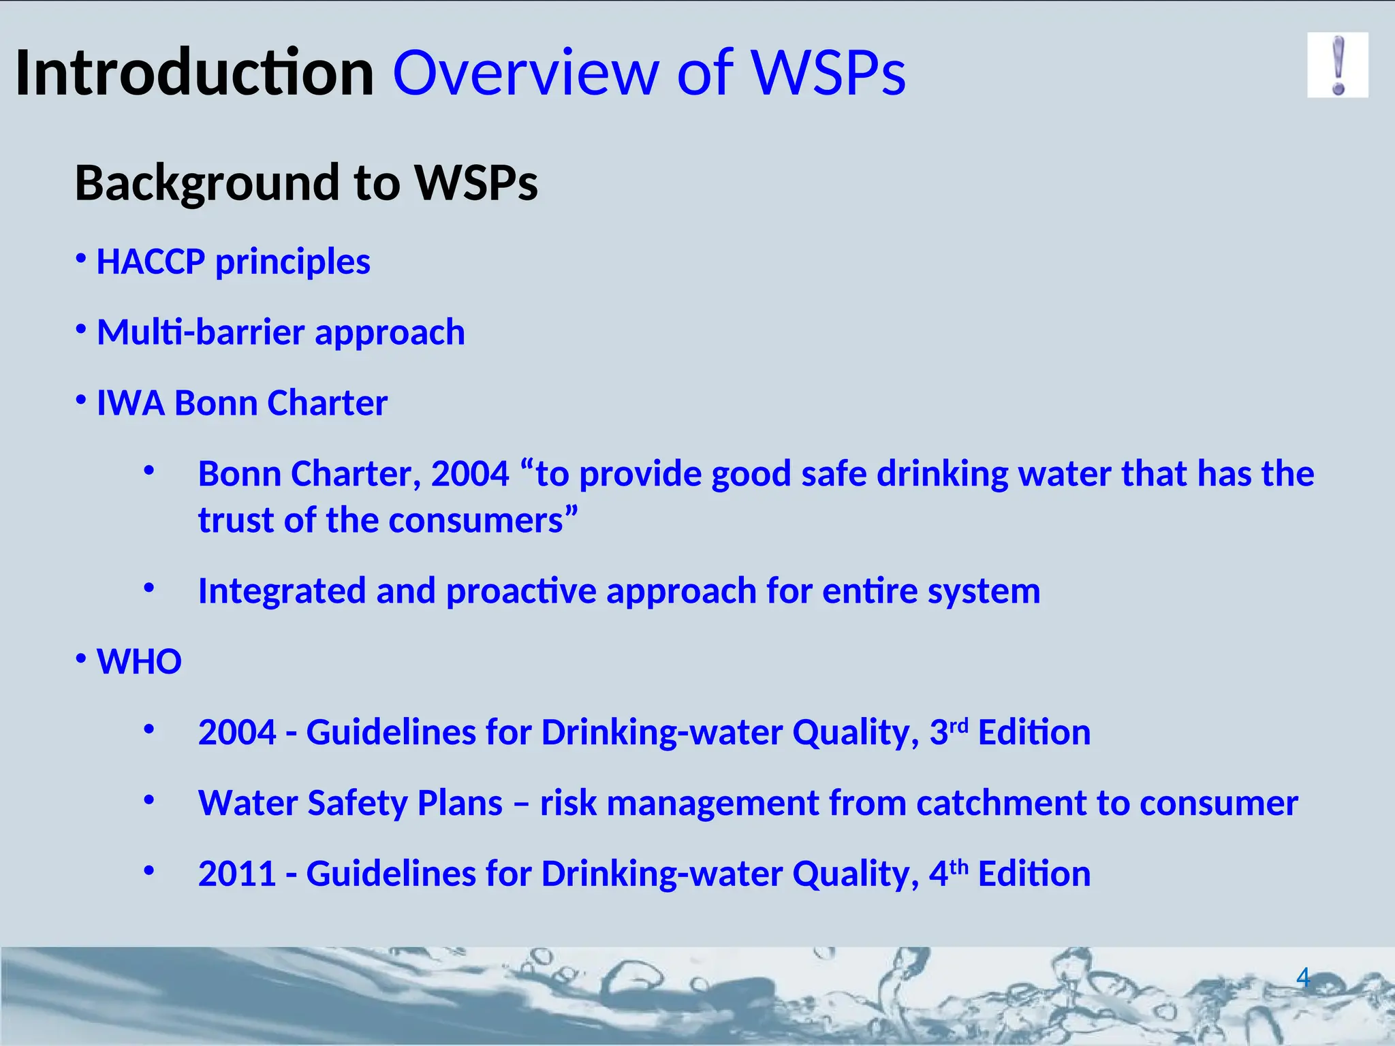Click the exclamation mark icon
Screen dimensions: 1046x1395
pos(1337,65)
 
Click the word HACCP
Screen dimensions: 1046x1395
pos(151,261)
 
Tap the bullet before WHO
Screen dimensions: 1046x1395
pos(81,659)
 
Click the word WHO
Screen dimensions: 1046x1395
pos(139,662)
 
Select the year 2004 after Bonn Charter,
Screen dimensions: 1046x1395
pos(470,474)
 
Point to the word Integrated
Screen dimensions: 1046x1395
pos(281,591)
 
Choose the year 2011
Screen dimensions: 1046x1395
pos(236,874)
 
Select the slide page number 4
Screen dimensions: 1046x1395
pos(1302,978)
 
